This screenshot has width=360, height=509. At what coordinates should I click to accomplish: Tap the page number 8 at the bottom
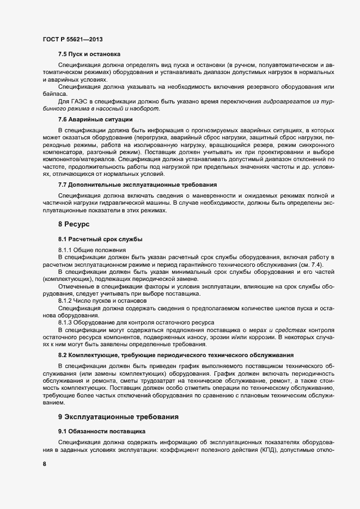pos(44,464)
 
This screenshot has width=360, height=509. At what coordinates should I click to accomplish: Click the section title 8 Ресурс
pos(74,224)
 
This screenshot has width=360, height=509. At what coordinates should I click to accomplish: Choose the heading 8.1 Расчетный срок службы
pos(100,239)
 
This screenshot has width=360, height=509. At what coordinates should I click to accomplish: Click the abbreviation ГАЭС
pos(79,101)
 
